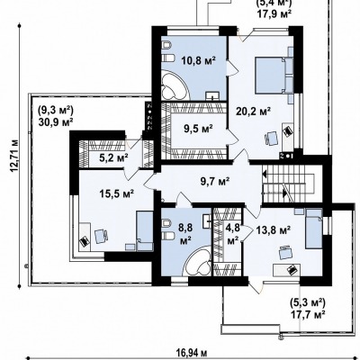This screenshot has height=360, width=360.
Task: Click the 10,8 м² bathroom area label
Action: coord(199,60)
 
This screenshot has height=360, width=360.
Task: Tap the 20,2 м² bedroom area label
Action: coord(254,112)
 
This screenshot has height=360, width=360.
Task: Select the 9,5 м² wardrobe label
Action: coord(198,129)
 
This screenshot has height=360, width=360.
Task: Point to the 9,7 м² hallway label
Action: coord(215,181)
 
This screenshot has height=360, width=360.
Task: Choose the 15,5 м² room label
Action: coord(116,193)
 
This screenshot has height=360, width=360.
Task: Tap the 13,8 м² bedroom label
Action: coord(274,230)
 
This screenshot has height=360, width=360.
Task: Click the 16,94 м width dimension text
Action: coord(192,352)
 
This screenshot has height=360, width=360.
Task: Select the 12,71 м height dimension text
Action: coord(14,156)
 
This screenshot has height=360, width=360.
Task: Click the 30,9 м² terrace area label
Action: coord(56,121)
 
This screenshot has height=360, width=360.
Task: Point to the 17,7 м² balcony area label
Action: coord(308,315)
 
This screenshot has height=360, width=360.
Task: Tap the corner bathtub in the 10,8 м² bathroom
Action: coord(175,85)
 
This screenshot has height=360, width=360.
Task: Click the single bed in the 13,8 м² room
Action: coord(314,229)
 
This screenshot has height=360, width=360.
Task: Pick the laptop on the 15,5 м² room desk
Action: coord(85,240)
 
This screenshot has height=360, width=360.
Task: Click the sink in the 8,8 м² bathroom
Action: coord(207,220)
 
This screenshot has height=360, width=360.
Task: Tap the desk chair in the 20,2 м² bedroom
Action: coord(271,139)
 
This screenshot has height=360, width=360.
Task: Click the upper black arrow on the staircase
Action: coord(265,174)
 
